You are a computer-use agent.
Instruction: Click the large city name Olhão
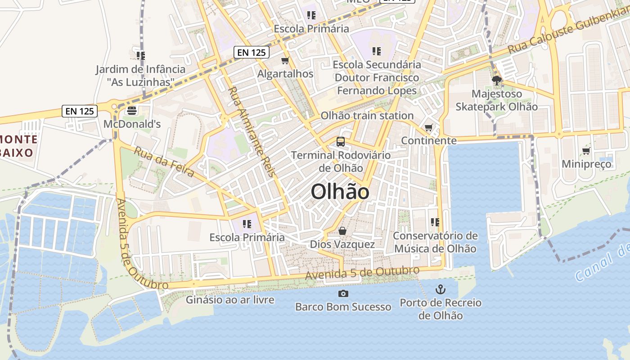coord(340,192)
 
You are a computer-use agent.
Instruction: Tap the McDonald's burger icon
coord(132,110)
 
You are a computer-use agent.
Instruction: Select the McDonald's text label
coord(132,124)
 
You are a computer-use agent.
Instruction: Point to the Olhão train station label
coord(367,116)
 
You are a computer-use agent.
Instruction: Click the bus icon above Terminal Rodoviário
coord(341,142)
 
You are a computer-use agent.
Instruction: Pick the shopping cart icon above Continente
coord(429,128)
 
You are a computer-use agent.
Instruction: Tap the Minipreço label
coord(586,164)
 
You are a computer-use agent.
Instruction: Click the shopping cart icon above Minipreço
coord(586,151)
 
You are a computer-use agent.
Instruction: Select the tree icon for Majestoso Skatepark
coord(497,81)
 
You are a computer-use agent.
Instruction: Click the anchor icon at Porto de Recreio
coord(441,289)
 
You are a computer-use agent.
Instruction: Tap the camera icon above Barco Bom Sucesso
coord(343,294)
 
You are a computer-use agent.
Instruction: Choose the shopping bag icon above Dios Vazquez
coord(342,231)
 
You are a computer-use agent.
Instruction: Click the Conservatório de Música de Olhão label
coord(435,242)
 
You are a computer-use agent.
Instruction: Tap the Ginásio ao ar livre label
coord(230,299)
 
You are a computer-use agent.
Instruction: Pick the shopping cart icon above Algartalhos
coord(285,61)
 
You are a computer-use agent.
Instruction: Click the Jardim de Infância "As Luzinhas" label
coord(140,76)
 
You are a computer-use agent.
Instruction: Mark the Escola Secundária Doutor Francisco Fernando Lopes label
coord(377,77)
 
